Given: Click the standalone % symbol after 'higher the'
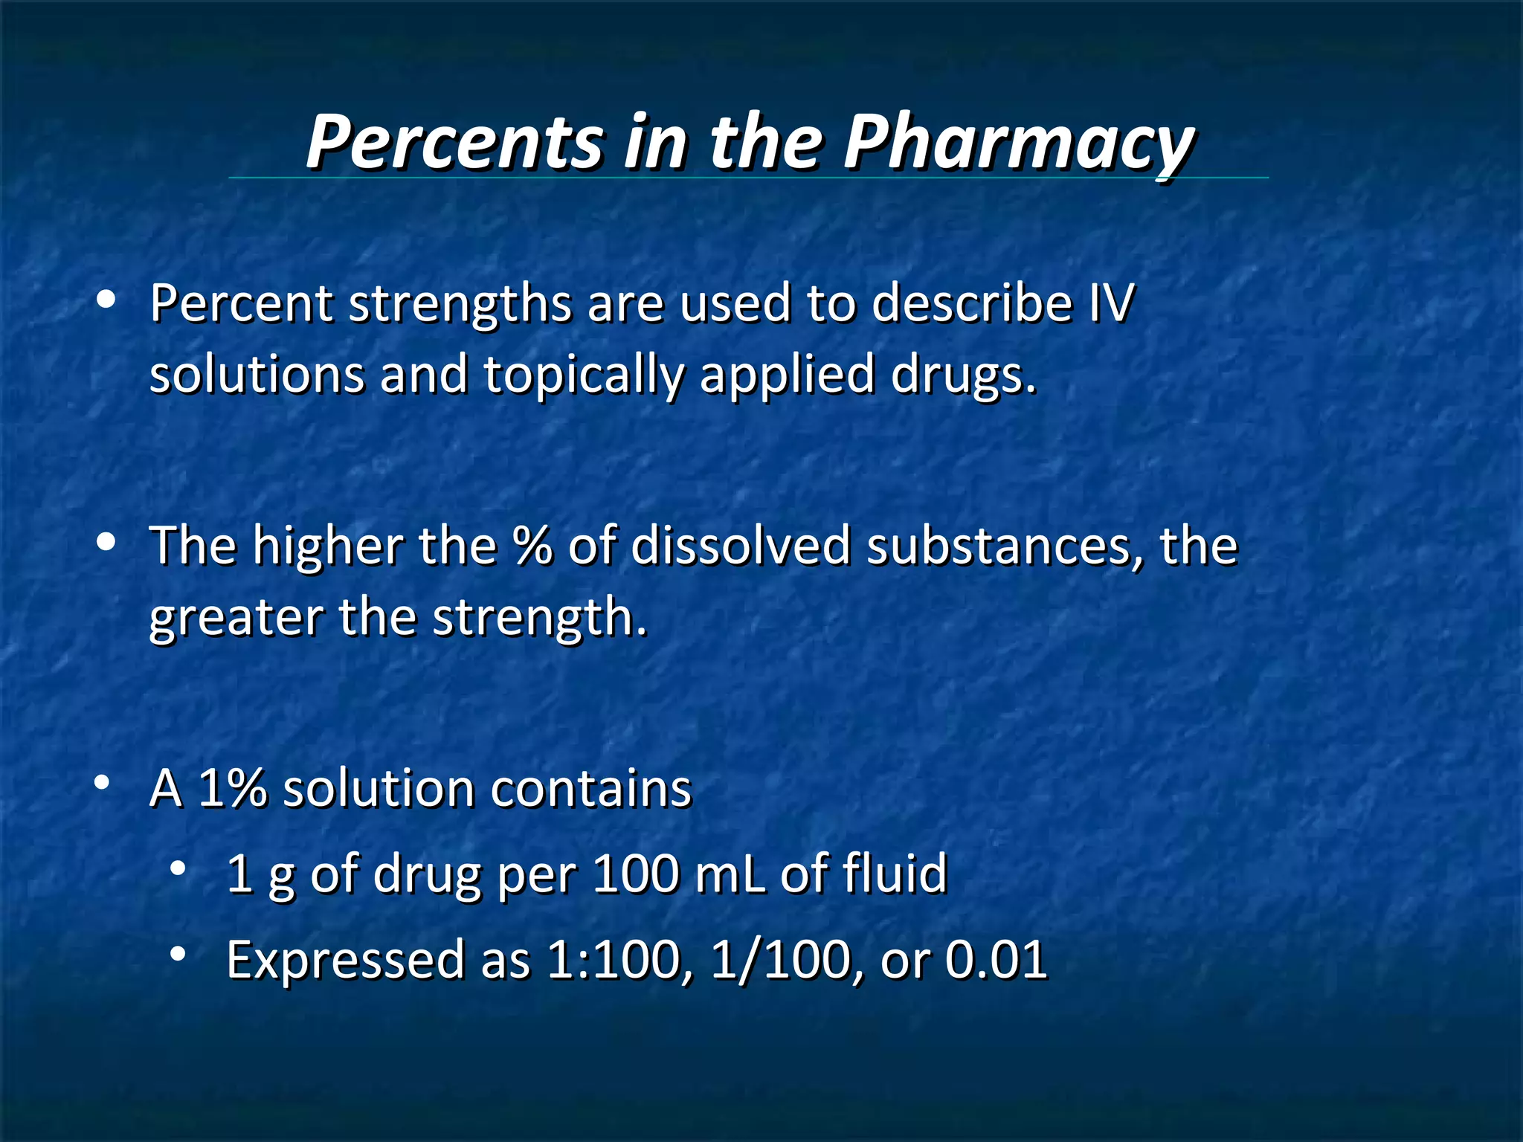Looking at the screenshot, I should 532,546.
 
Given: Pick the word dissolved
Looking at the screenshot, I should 741,546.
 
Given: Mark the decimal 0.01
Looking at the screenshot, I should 996,960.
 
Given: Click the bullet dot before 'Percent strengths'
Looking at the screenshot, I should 106,300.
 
